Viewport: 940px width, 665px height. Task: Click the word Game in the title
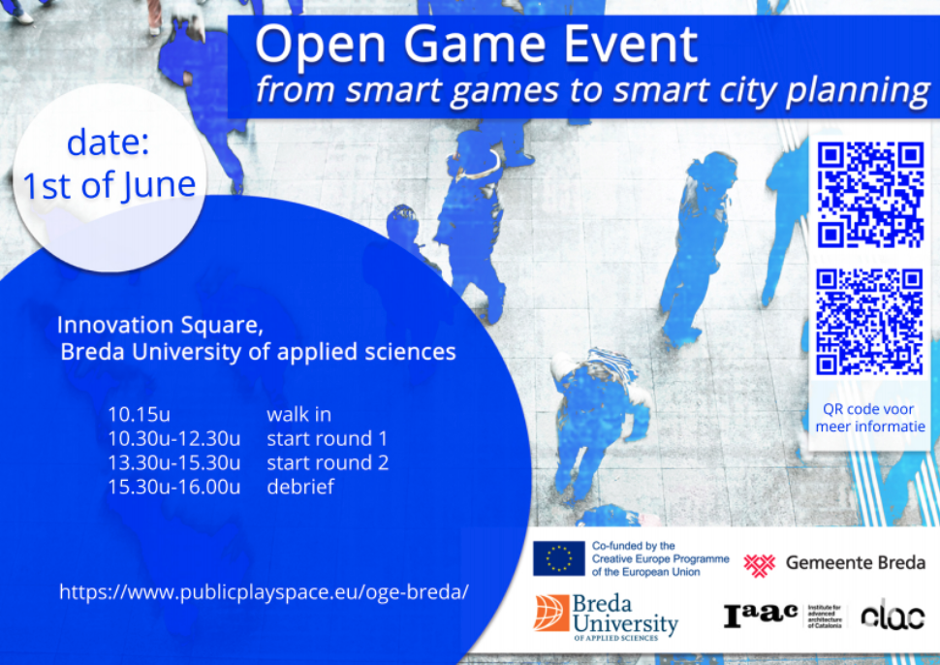(474, 45)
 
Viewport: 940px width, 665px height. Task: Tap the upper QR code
(870, 194)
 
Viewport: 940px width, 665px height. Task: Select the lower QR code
(869, 322)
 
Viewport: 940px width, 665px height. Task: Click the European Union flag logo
(559, 558)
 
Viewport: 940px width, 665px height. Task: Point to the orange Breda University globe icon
(551, 613)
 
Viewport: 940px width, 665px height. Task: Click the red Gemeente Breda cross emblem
(760, 563)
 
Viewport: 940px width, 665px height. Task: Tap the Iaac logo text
(760, 616)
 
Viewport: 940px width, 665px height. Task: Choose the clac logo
(893, 615)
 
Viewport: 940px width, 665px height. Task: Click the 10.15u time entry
(140, 414)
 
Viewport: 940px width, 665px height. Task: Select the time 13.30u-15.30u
(174, 463)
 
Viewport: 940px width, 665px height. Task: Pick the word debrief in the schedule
(300, 487)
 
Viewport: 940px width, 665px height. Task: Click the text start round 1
(328, 439)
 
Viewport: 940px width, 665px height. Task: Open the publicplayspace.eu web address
(264, 592)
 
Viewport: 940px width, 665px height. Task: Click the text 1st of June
(110, 185)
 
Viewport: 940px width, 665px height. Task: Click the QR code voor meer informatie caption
(870, 418)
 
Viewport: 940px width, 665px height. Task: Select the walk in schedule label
(298, 414)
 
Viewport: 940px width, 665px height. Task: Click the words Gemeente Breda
(856, 562)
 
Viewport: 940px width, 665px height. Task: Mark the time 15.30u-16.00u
(174, 487)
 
